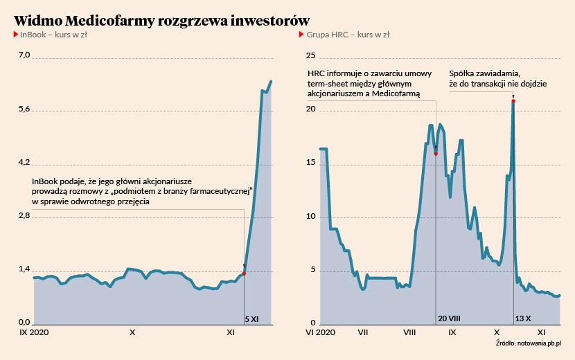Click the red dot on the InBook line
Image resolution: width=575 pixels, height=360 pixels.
pos(244,273)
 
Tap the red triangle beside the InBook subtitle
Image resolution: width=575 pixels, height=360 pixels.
pos(16,34)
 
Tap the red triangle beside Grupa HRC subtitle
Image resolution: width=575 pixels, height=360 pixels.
pos(302,34)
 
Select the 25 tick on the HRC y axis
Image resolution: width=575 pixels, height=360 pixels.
pos(311,56)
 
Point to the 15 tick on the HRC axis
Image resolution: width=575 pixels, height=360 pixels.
pos(311,163)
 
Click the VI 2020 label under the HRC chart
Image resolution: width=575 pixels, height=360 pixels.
pos(321,332)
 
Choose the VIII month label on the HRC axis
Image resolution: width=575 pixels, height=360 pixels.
pos(409,332)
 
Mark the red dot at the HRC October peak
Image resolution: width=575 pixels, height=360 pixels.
pos(513,101)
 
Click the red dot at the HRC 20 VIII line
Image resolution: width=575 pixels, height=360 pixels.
pos(436,153)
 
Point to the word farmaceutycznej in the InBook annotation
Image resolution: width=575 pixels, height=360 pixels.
pos(219,190)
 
